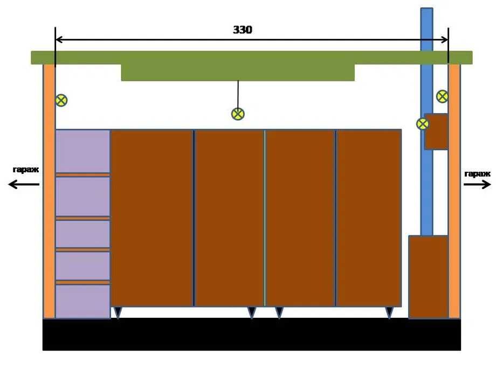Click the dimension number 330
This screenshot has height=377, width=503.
243,30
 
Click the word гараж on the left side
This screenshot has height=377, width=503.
26,170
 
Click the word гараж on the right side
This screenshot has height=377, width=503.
478,174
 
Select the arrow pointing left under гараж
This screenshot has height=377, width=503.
24,184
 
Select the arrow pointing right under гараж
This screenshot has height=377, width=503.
477,184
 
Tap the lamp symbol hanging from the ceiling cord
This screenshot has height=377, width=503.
238,114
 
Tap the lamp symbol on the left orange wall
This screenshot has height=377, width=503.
61,100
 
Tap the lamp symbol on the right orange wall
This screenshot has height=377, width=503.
443,96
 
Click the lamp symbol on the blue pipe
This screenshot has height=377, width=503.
423,124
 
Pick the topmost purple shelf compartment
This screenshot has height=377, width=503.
83,151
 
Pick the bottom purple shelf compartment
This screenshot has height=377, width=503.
83,302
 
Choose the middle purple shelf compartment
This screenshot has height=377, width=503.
83,234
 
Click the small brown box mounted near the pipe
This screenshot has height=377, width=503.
436,131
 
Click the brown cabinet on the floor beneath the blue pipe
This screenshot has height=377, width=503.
428,277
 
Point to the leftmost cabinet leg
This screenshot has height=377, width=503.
118,312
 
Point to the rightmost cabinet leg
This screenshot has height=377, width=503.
389,312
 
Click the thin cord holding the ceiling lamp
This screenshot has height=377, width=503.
238,94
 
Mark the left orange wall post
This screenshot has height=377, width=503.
50,191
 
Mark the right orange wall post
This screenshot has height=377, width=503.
454,191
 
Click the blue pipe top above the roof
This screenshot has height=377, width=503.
426,30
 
